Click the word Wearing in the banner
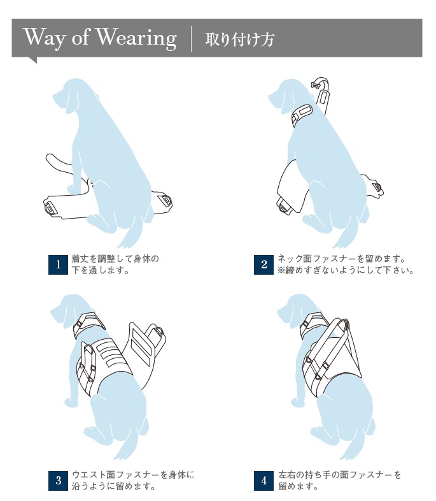click(136, 39)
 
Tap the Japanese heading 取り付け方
click(239, 40)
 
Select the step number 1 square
click(58, 265)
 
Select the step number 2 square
click(264, 265)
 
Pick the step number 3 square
click(58, 481)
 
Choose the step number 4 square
click(264, 481)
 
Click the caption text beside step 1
click(115, 265)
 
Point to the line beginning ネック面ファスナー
click(341, 259)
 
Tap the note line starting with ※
click(346, 270)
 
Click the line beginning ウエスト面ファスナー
click(133, 474)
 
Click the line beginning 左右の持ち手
click(339, 474)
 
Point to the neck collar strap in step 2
click(302, 115)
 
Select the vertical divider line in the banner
click(192, 39)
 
